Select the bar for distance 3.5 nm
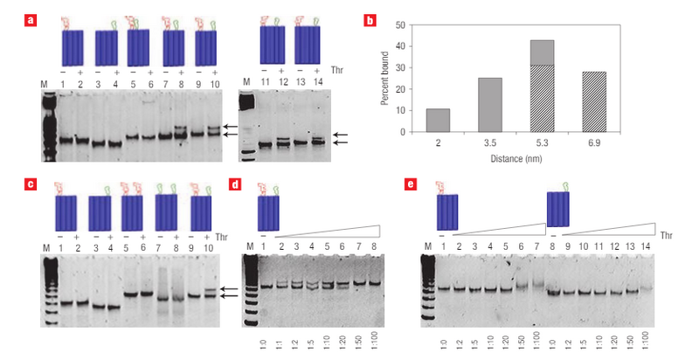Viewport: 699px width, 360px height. pos(490,105)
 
